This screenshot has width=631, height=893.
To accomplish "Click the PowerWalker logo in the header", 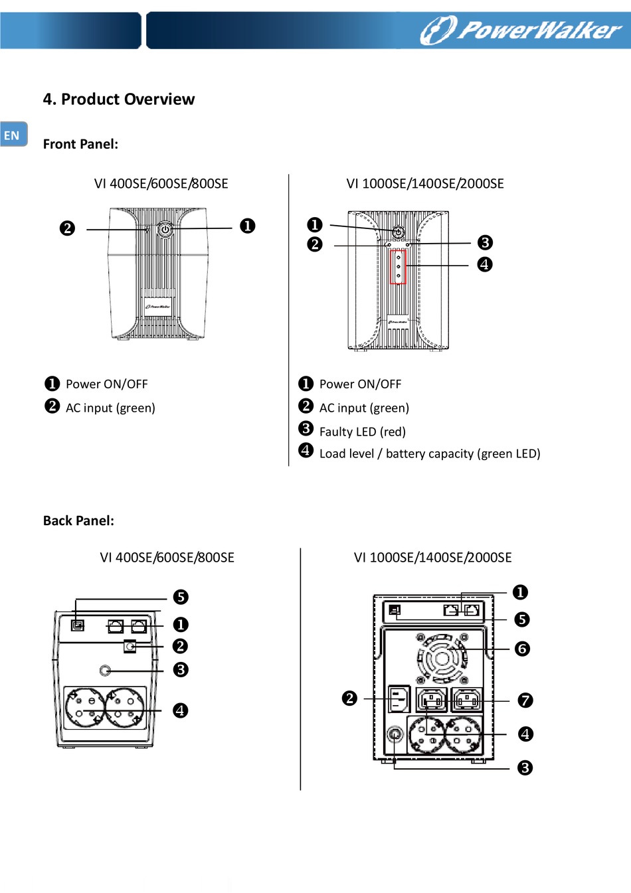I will (x=521, y=30).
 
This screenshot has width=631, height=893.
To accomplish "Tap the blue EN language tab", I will (x=13, y=135).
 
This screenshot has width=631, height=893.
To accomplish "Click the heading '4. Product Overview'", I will (x=118, y=99).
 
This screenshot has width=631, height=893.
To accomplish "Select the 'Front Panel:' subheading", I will (x=80, y=144).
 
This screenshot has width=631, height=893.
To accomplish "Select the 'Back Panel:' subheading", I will (x=78, y=521).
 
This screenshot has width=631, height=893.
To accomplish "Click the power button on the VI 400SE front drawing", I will (x=165, y=230).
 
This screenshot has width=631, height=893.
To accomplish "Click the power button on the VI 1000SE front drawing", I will (x=398, y=232).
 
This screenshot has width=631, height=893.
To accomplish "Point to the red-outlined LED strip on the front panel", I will (x=398, y=267).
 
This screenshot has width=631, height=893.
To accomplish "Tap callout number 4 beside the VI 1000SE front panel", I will (x=485, y=264).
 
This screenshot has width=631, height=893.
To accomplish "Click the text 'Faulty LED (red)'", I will (x=362, y=432).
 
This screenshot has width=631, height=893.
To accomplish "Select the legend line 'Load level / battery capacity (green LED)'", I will (x=430, y=453).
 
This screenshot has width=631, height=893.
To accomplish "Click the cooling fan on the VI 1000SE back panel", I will (x=441, y=659).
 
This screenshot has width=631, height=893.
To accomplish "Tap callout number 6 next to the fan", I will (x=523, y=649).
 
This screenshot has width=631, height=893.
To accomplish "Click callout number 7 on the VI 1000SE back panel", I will (x=525, y=700).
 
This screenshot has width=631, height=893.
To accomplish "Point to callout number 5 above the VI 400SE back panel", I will (x=181, y=597).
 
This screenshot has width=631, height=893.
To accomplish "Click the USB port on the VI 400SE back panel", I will (x=78, y=625).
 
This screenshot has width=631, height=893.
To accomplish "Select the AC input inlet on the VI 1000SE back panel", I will (x=398, y=698).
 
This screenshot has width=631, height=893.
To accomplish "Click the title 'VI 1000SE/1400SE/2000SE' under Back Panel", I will (x=432, y=558).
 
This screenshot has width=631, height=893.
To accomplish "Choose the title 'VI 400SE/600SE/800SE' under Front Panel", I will (x=161, y=184).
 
